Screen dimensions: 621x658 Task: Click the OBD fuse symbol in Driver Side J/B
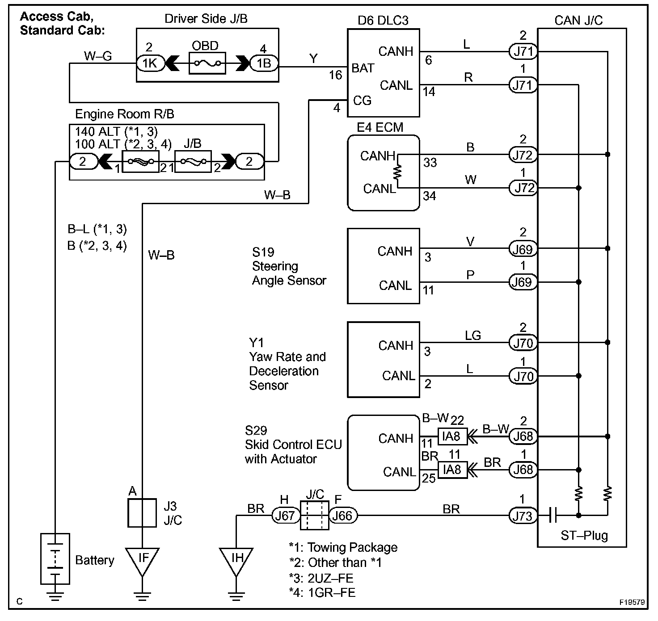207,63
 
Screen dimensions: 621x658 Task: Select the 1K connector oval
150,63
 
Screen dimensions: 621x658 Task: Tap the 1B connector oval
264,63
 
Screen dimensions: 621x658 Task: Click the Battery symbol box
55,558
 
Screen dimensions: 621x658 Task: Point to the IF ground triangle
142,560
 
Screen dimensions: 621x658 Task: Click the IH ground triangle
237,560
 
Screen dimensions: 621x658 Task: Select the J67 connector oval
285,516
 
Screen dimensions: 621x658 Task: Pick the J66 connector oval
343,516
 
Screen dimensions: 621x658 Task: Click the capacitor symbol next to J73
553,516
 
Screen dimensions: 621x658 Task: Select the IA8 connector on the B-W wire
452,436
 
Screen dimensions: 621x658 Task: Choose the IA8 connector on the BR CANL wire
452,470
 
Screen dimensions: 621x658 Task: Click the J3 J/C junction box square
142,513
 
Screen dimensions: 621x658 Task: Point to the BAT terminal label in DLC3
363,68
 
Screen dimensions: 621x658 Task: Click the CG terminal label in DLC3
362,101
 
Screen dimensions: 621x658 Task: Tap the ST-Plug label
584,535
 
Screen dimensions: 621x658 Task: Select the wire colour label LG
472,336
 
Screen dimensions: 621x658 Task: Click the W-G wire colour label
98,56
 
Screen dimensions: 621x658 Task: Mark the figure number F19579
632,602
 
